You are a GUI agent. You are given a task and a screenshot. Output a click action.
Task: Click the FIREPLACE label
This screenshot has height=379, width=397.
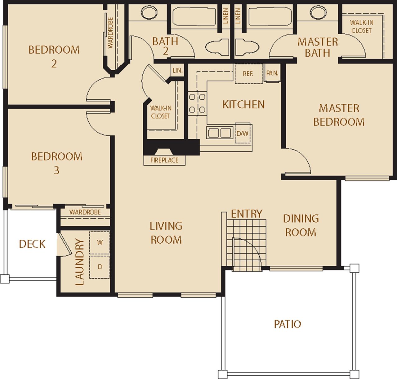pos(164,160)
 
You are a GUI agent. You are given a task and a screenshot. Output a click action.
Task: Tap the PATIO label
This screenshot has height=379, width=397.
pos(287,324)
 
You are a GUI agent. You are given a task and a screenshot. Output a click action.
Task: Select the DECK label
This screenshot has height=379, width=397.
pos(32,244)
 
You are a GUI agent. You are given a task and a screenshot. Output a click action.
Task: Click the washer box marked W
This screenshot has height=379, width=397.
pos(100,242)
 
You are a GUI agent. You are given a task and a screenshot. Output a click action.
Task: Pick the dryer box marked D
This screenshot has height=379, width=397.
pos(100,267)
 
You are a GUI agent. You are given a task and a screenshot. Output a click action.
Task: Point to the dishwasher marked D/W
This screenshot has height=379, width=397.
pos(243,134)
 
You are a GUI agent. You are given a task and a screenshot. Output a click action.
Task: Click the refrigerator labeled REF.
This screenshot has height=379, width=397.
pos(248,74)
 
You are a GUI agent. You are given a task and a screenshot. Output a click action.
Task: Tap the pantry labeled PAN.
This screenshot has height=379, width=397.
pos(272,74)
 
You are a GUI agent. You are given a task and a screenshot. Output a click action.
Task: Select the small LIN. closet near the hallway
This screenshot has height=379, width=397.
pos(177,71)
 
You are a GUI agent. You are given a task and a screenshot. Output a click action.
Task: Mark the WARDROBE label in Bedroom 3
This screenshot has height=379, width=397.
pos(85,212)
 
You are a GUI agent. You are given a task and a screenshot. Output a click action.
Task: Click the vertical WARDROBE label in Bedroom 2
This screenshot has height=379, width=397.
pos(111,33)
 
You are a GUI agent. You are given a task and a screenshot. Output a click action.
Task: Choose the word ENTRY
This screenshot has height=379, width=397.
pos(247,214)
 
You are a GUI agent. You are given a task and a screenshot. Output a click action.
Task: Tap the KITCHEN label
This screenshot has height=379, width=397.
pos(243,104)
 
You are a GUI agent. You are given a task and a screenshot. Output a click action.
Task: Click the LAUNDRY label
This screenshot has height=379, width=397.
pos(80,262)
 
